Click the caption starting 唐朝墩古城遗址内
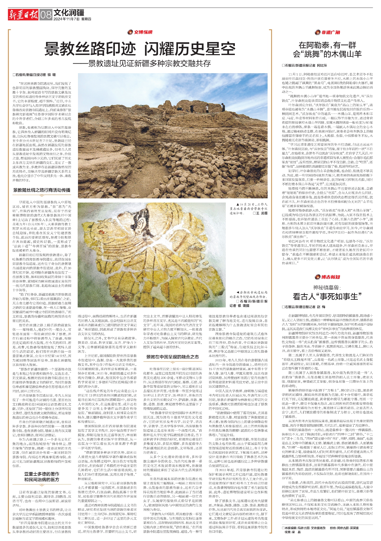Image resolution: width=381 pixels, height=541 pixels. click(249, 293)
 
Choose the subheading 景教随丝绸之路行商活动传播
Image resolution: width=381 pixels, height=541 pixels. click(41, 190)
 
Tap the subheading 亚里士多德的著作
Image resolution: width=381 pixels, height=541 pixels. click(42, 474)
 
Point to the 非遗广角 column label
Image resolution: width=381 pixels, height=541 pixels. click(328, 32)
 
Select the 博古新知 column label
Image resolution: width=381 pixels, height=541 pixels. click(328, 277)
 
